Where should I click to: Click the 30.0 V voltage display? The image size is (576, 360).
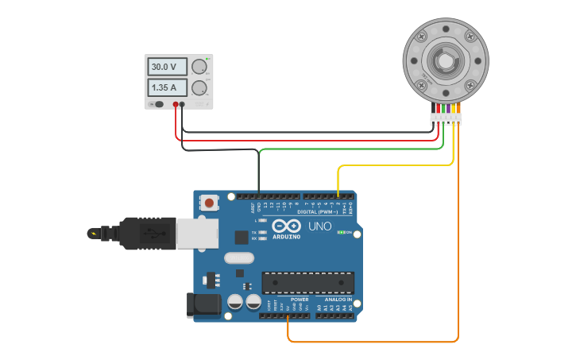click(167, 67)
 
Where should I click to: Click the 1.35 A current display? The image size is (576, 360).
click(167, 87)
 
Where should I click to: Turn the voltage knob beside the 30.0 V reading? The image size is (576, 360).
click(199, 67)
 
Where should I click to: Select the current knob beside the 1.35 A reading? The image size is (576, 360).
click(199, 87)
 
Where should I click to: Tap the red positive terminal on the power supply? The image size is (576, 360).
click(175, 104)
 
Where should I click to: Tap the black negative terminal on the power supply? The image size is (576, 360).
click(182, 104)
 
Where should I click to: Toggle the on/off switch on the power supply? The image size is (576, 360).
click(158, 104)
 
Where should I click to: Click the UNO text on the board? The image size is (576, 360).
click(319, 227)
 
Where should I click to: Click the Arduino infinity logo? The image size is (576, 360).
click(285, 226)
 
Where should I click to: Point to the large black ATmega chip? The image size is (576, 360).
click(308, 282)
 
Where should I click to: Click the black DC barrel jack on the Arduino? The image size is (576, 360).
click(202, 305)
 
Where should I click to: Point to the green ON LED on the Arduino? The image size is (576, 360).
click(341, 232)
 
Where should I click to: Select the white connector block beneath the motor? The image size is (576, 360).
click(446, 119)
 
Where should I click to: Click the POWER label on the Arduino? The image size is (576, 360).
click(299, 300)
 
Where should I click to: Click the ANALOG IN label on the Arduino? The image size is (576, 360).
click(338, 300)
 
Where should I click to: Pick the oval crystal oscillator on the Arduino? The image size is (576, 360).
click(238, 257)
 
